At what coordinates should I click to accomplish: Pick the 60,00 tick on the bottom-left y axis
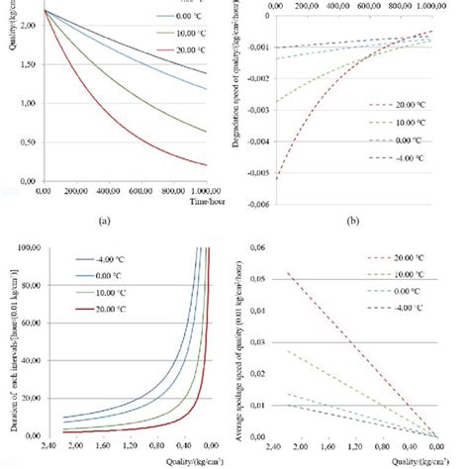pyautogui.click(x=26, y=323)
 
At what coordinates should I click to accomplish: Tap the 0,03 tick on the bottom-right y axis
pyautogui.click(x=253, y=341)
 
